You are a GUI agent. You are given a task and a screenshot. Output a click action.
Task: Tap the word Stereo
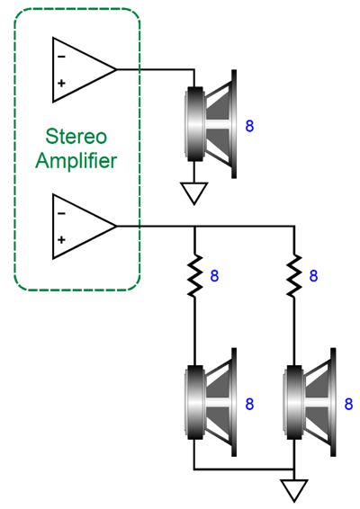click(x=76, y=138)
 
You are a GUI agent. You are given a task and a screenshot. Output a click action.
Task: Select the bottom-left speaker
click(x=211, y=400)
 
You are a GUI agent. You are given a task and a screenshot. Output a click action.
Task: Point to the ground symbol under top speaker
click(x=194, y=192)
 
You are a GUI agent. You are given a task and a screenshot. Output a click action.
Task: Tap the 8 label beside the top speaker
click(x=249, y=124)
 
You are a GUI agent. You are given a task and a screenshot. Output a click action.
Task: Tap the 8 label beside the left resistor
click(x=214, y=275)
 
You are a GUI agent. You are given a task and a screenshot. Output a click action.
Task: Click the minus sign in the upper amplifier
click(x=61, y=56)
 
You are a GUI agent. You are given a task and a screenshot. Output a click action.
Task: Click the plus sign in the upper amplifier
click(x=61, y=84)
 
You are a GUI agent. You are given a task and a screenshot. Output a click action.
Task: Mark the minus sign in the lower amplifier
click(x=61, y=213)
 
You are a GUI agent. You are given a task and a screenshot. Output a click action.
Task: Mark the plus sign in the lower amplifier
click(x=61, y=240)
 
